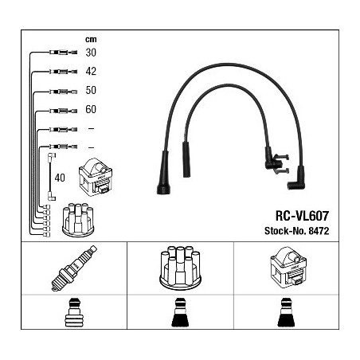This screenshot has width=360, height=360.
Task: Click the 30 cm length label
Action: coord(91,53)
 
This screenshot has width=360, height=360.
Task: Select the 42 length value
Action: coord(91,72)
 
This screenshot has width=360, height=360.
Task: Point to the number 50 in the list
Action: coord(91,90)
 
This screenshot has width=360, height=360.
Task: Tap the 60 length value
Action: coord(91,109)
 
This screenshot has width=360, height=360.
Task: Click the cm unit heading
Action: coord(91,40)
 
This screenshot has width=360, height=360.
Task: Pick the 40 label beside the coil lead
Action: coord(60,178)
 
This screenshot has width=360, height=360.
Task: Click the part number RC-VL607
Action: coord(302,216)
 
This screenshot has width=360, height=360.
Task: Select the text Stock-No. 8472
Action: coord(296,231)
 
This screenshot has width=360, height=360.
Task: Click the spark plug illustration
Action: coord(74,268)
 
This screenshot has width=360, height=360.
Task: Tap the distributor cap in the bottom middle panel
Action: coord(180,268)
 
